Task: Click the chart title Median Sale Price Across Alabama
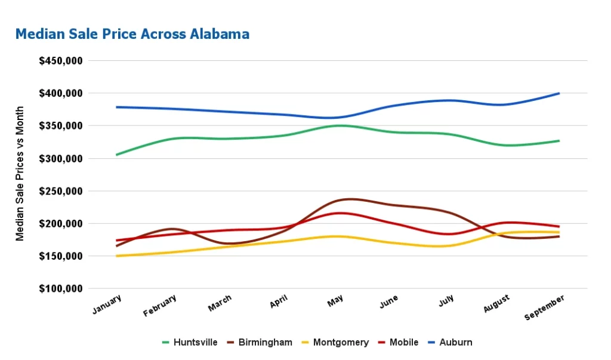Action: coord(132,34)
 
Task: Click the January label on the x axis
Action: coord(107,304)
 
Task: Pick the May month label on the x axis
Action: coord(335,301)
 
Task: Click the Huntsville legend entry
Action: coord(190,343)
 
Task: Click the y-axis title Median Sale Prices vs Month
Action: coord(20,174)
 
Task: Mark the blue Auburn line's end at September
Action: coord(559,93)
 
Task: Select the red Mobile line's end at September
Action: coord(559,226)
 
